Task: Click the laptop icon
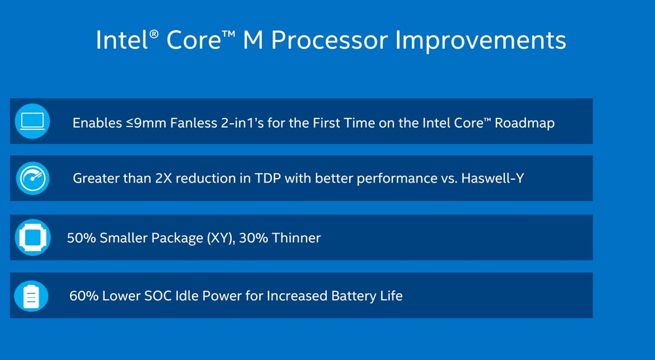(32, 121)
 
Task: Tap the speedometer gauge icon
(33, 178)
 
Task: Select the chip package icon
(33, 237)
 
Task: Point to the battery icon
(31, 296)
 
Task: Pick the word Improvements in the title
(480, 40)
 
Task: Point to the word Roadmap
(525, 123)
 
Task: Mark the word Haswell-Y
(493, 178)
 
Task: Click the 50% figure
(81, 238)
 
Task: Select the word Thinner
(296, 238)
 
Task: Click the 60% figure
(84, 296)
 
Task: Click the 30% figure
(253, 238)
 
